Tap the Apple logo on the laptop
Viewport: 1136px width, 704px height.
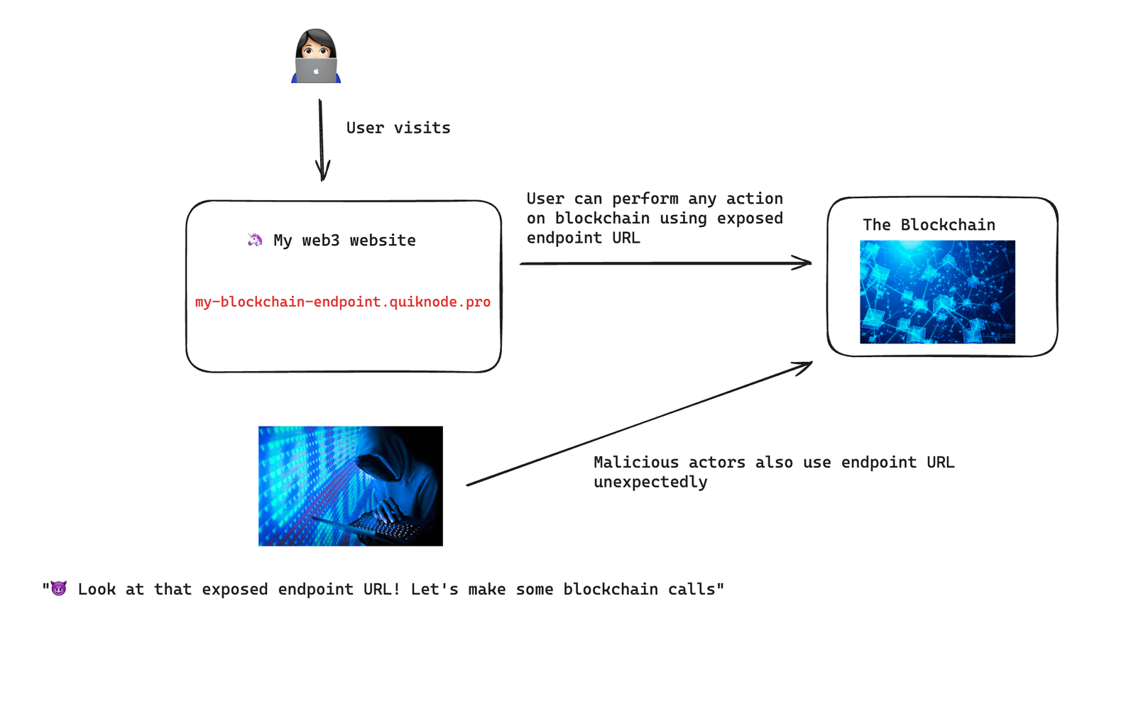pos(316,71)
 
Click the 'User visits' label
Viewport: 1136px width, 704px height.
pos(398,128)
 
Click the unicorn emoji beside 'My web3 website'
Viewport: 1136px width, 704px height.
pos(254,240)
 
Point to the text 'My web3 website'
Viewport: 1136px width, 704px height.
pos(344,241)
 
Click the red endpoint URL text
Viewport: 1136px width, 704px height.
pos(343,302)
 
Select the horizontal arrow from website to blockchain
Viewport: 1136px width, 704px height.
pos(665,263)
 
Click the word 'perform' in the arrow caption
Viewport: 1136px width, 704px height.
pos(645,199)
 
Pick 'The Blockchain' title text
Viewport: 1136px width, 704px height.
pos(929,225)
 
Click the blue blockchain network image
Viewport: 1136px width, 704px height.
pos(937,292)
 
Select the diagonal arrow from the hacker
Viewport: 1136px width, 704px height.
pos(639,424)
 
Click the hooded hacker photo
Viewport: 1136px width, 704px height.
pos(350,485)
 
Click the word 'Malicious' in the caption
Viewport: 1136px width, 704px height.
pos(636,463)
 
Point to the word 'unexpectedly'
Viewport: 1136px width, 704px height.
pos(650,483)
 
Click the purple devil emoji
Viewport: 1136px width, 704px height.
pos(59,588)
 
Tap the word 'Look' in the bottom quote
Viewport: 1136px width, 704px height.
pos(97,590)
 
